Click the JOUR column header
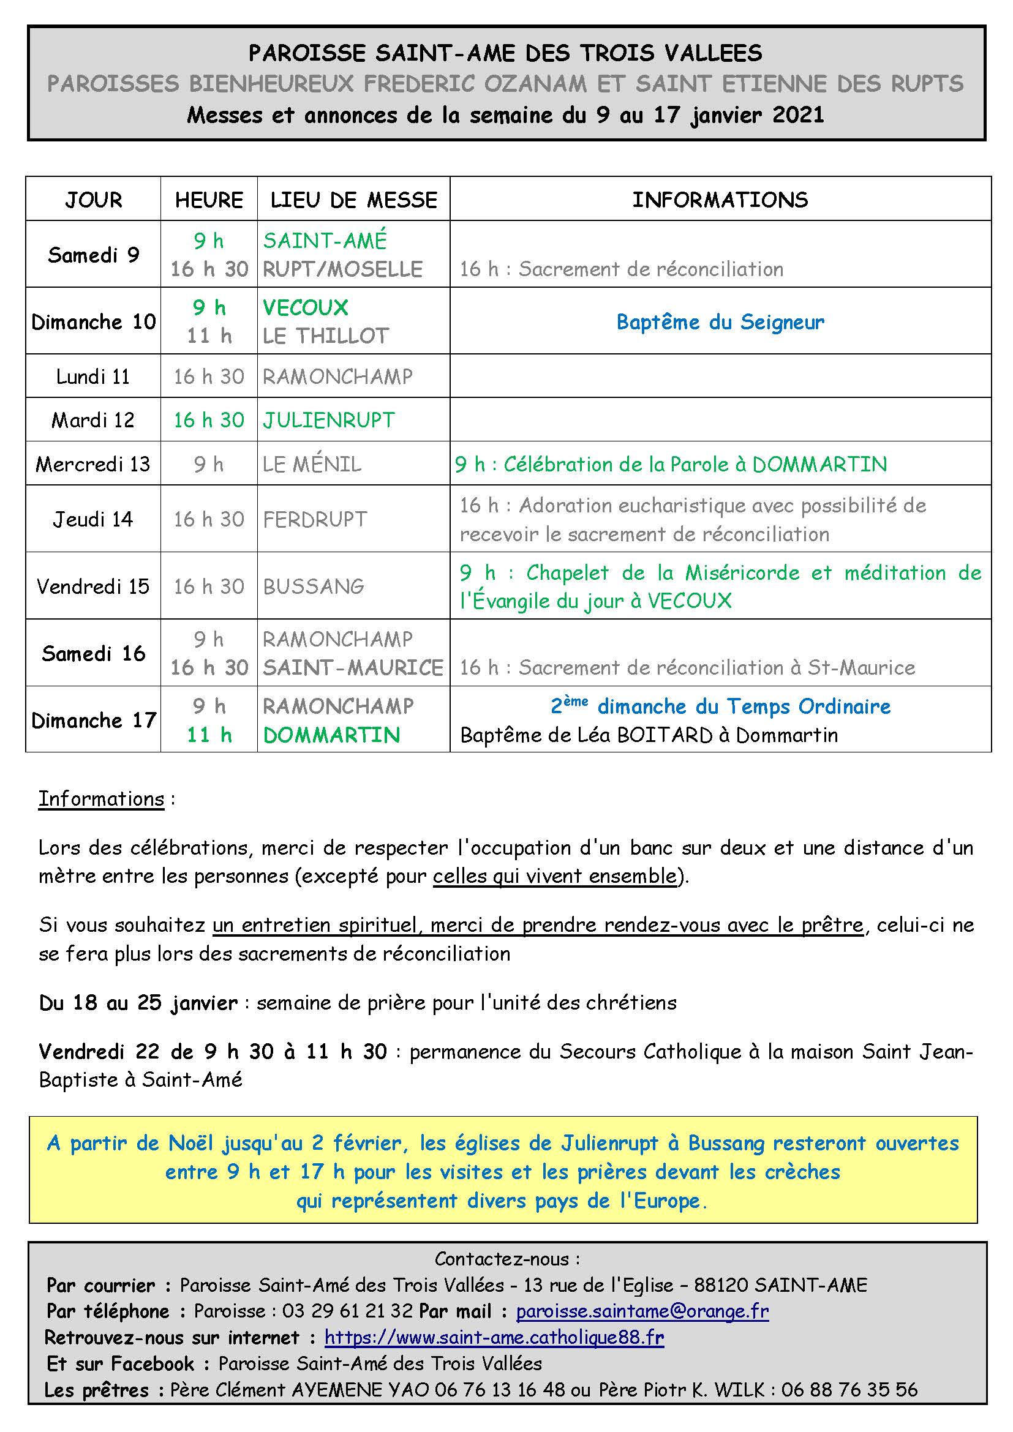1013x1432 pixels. [x=94, y=200]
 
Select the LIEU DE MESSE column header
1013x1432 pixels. [x=353, y=200]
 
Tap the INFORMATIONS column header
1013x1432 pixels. [x=720, y=200]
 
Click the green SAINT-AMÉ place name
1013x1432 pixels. [x=325, y=241]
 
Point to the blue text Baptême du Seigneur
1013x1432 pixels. [x=720, y=322]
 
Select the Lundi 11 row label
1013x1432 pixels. [x=93, y=377]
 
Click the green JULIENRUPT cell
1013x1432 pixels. [x=329, y=421]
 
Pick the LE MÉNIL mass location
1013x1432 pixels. [x=312, y=464]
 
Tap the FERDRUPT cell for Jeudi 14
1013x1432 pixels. [x=315, y=519]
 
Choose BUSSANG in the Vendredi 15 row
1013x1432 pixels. [x=314, y=587]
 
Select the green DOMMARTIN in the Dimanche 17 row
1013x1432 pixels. [x=331, y=735]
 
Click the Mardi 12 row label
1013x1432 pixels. [x=93, y=421]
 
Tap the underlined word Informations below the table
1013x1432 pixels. [x=101, y=799]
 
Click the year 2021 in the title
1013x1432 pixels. [x=798, y=114]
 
